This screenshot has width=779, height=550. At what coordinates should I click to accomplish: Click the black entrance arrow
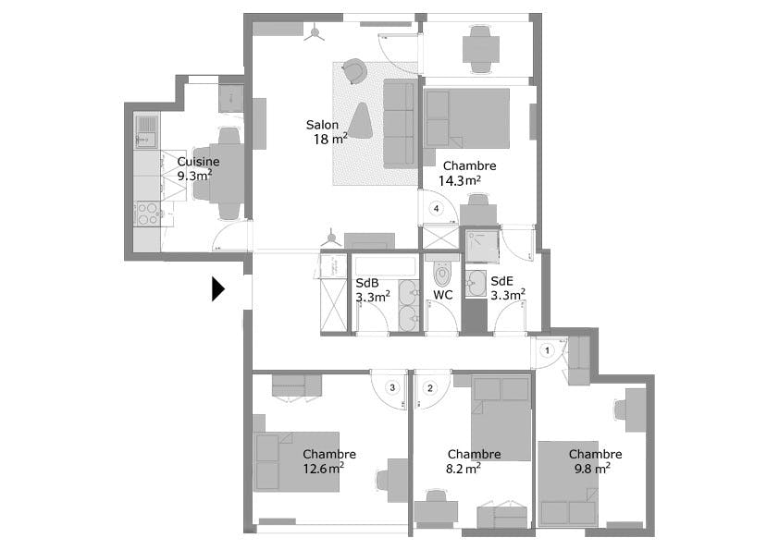[x=217, y=289]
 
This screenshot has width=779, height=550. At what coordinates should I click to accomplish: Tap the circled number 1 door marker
[x=548, y=350]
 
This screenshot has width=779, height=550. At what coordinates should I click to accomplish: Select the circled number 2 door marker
[x=430, y=387]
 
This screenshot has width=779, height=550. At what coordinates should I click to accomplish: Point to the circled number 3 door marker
[x=392, y=387]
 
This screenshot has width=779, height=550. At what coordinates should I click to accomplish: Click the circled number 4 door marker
[x=436, y=209]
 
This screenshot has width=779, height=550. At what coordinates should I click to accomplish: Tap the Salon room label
[x=322, y=125]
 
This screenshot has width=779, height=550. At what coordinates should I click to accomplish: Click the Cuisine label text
[x=198, y=162]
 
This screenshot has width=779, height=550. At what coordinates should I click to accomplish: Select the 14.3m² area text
[x=460, y=180]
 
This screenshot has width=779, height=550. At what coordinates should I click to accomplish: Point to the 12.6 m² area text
[x=324, y=468]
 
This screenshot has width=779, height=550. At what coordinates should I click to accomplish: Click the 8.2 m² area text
[x=463, y=468]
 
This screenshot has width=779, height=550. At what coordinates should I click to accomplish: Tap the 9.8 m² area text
[x=592, y=468]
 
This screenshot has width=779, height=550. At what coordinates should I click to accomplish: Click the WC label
[x=442, y=295]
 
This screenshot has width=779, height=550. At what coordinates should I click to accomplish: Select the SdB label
[x=367, y=283]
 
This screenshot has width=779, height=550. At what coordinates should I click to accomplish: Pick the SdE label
[x=501, y=281]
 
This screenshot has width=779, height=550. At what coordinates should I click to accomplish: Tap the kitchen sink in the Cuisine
[x=146, y=131]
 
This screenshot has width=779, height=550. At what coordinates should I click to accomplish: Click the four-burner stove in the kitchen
[x=147, y=214]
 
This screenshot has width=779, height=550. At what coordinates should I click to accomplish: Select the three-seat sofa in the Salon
[x=400, y=124]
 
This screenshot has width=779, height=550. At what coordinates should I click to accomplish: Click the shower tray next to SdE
[x=482, y=246]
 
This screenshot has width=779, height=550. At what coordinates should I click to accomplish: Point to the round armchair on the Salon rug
[x=354, y=70]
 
